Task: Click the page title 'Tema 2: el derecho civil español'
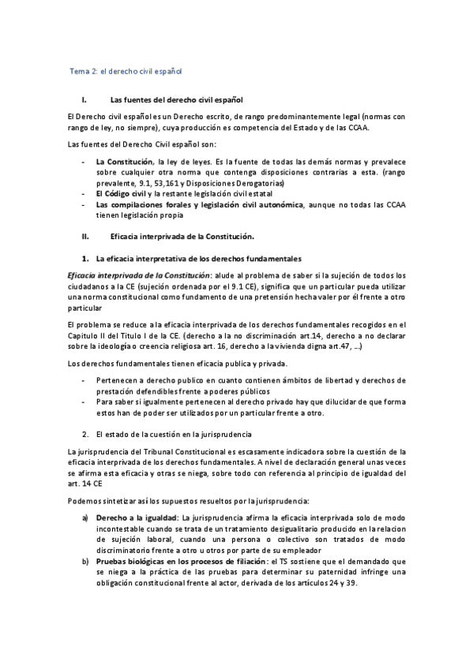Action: click(126, 71)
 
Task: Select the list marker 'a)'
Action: click(85, 518)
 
